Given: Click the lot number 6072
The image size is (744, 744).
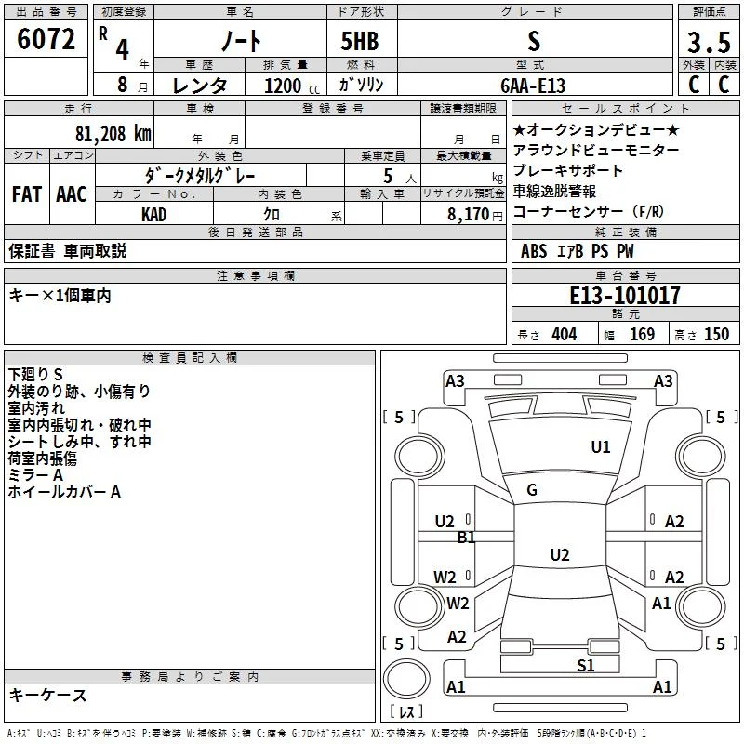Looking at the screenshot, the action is (x=46, y=39).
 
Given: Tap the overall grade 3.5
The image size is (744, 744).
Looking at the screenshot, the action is (x=709, y=43).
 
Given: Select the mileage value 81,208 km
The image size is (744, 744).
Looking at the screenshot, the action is (x=113, y=134).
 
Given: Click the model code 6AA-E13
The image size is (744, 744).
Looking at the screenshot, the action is (x=533, y=86).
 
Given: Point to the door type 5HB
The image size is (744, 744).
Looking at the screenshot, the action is (x=360, y=41).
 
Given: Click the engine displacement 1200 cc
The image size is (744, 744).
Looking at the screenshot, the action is (x=292, y=86).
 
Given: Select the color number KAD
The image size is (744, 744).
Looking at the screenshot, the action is (x=153, y=215).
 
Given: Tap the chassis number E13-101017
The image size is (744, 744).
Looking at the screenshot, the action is (x=625, y=296).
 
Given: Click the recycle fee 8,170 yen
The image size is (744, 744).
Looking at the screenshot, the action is (x=475, y=215).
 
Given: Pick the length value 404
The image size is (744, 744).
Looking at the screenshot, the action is (x=565, y=335).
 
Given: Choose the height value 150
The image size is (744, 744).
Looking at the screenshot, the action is (x=716, y=335).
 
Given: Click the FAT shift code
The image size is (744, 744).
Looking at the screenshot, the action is (x=27, y=194).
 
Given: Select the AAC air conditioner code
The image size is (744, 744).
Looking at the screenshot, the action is (x=72, y=194).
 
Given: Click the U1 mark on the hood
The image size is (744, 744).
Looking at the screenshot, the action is (x=600, y=447).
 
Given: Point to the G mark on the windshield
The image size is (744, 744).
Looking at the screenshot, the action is (x=532, y=490).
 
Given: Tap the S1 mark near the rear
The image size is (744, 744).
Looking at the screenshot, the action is (x=586, y=666).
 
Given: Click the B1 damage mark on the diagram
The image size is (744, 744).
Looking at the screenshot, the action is (x=466, y=538).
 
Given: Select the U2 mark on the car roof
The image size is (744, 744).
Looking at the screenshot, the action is (x=560, y=554).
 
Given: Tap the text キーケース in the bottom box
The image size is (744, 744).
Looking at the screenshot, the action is (x=48, y=696).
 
